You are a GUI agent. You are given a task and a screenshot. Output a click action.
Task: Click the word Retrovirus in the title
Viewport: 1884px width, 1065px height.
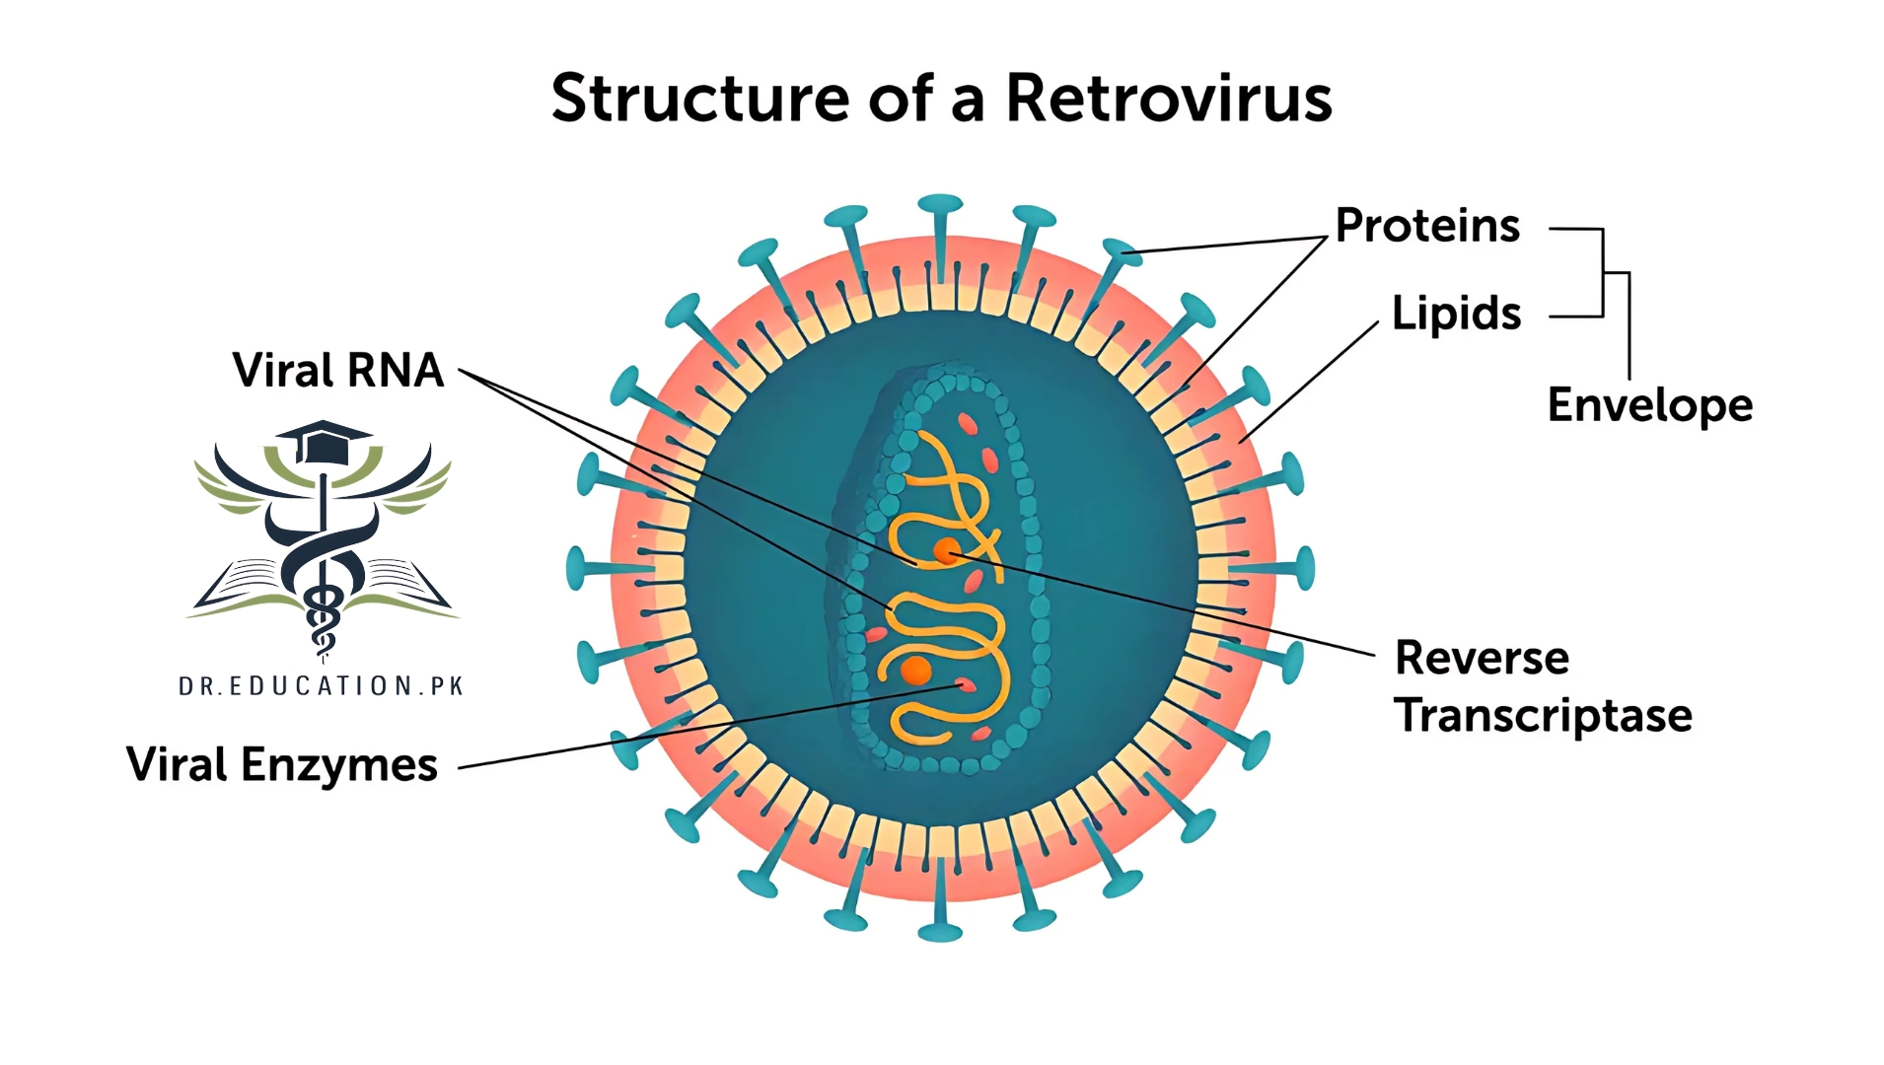point(1168,99)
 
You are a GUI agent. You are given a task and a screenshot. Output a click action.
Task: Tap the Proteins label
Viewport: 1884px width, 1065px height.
point(1426,226)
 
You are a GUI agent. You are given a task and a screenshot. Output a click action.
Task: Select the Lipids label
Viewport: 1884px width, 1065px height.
point(1456,314)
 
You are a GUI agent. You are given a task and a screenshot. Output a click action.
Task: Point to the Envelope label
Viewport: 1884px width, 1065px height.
point(1649,405)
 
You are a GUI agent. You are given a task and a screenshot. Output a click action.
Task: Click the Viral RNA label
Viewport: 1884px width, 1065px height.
point(338,371)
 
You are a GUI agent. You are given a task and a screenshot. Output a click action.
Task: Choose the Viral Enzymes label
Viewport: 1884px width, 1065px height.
point(282,765)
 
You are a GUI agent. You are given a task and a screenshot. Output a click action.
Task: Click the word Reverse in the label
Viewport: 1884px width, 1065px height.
point(1482,658)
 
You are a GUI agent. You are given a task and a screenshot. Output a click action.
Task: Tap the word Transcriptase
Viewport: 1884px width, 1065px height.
point(1543,716)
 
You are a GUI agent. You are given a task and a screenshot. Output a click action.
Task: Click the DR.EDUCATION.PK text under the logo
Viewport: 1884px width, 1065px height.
point(322,686)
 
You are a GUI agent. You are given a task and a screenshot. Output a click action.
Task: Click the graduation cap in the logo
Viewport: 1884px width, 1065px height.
point(324,442)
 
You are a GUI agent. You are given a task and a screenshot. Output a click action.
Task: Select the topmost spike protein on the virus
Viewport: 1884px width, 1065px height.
point(940,207)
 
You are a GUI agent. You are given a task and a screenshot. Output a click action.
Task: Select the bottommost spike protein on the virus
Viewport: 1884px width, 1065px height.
point(940,930)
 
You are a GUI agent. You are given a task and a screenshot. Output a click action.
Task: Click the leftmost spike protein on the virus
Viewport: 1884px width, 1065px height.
point(577,569)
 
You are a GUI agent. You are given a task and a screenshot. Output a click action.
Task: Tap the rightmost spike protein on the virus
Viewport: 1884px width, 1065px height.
point(1304,569)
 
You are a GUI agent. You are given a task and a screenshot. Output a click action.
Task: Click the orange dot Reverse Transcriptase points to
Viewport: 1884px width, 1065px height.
point(947,551)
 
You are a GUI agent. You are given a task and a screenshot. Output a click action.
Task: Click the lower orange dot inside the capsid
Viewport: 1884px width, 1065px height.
point(916,671)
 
